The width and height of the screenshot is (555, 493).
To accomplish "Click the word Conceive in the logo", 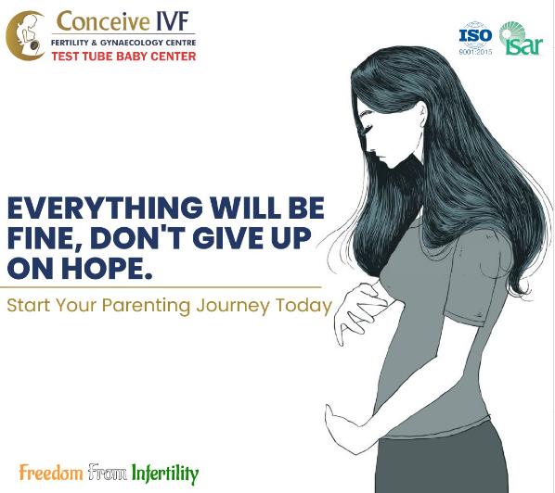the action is pos(103,21).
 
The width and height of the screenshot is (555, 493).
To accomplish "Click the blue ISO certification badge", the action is pos(475,38).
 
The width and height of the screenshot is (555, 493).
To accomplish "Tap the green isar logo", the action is pos(521,39).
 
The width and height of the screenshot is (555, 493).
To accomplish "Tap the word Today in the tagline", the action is pos(303,305).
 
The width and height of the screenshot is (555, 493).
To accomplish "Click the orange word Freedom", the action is pos(51,472).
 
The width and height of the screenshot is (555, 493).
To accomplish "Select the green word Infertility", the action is pos(165,474).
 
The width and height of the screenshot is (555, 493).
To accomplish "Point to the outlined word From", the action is pos(108,472).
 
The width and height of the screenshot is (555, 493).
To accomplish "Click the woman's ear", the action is pos(423,115).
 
